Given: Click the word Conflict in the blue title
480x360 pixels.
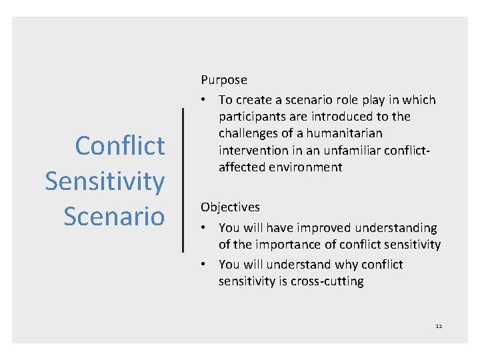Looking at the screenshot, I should pos(120,145).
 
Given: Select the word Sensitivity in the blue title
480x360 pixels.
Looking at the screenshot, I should pos(105,181).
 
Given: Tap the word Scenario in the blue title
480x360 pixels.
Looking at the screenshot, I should pos(114,215).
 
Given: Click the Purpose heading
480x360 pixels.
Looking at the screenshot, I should pos(224,80).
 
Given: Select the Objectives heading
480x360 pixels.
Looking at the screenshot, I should pos(230,207).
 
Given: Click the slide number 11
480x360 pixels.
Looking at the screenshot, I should pos(439,326).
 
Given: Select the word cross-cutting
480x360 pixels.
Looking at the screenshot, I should pos(327,281).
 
